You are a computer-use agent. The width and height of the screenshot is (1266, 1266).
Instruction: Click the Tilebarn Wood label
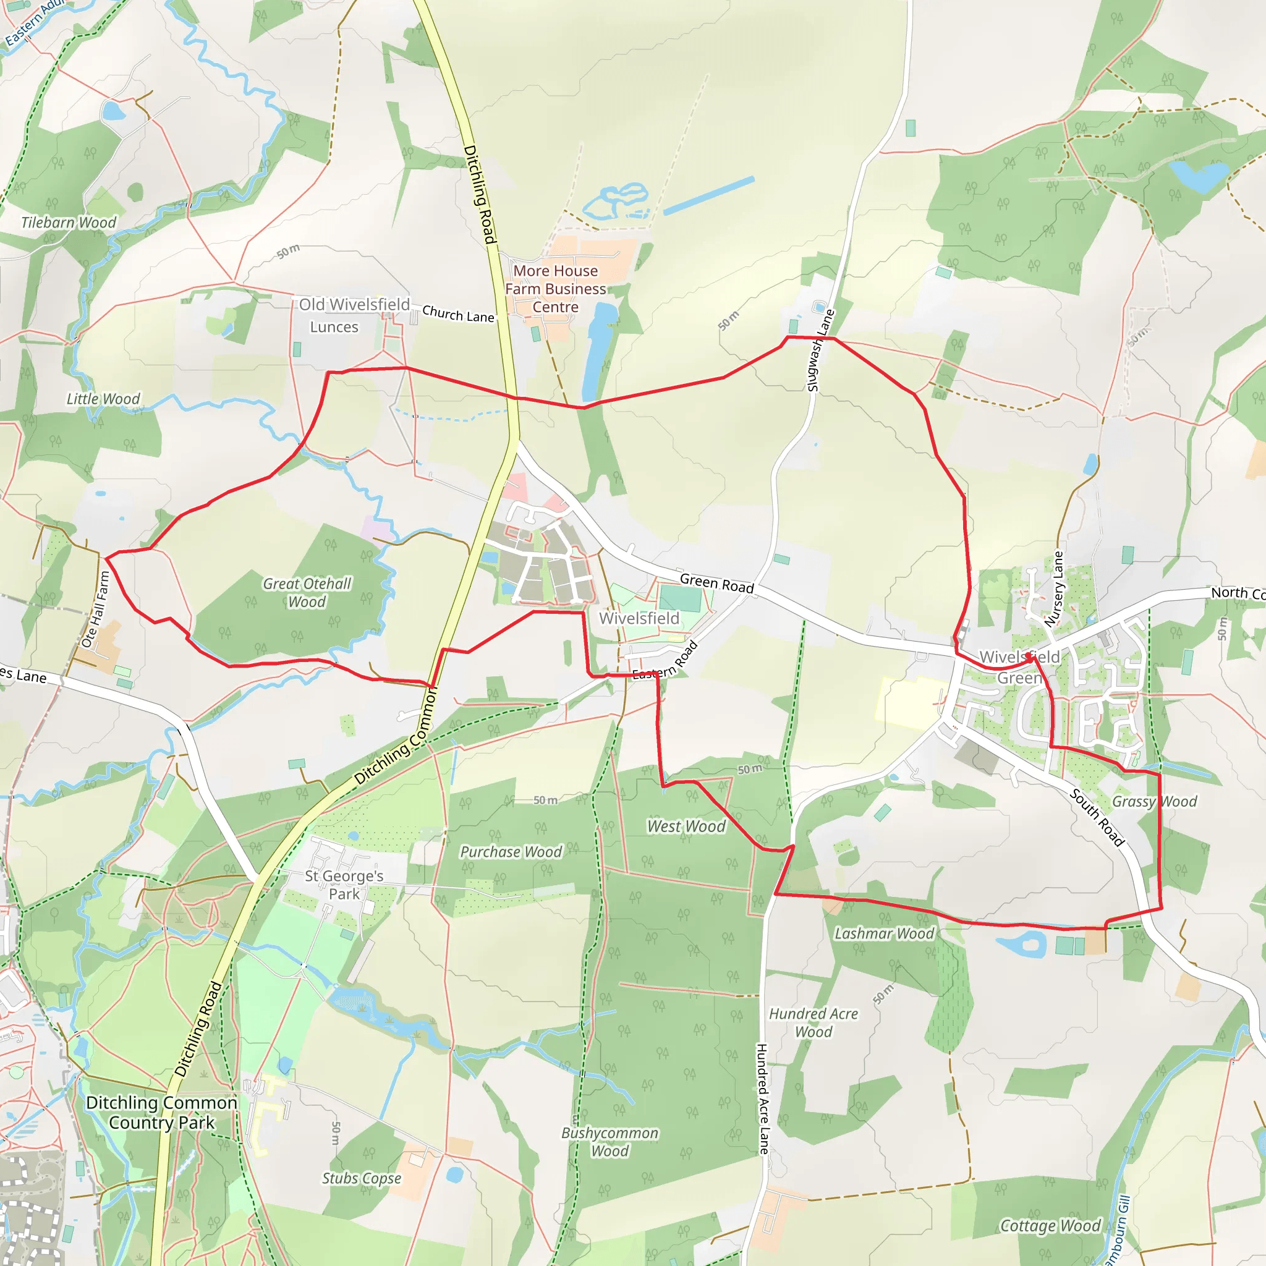[x=68, y=223]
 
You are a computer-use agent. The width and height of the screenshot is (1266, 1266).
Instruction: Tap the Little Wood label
[x=103, y=399]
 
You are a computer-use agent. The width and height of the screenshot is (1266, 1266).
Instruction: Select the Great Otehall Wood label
[x=307, y=593]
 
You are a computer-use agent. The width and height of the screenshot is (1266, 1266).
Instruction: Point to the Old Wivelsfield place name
[x=354, y=305]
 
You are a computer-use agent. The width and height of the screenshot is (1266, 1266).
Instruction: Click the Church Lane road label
[x=458, y=315]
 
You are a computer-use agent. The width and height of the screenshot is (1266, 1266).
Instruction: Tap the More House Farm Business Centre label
[x=555, y=289]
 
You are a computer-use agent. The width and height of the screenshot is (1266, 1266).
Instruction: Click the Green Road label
[x=716, y=583]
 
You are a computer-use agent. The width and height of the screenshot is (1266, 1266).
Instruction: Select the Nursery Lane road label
[x=1055, y=589]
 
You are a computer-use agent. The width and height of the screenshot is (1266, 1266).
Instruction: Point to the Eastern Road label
[x=665, y=661]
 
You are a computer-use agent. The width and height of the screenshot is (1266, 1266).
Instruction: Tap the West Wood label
[x=686, y=827]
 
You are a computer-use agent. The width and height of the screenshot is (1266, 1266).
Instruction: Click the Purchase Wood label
[x=511, y=852]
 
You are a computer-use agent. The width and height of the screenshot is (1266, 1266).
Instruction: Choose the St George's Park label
[x=344, y=885]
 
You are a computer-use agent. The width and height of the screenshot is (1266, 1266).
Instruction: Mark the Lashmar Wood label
[x=884, y=934]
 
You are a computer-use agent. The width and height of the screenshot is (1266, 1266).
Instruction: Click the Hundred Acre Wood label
[x=814, y=1023]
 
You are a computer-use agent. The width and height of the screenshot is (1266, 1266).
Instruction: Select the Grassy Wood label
[x=1154, y=802]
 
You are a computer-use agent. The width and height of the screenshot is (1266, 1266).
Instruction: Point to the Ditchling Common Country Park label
[x=162, y=1113]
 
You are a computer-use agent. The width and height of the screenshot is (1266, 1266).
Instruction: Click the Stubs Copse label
[x=361, y=1178]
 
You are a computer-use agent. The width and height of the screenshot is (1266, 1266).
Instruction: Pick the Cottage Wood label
[x=1050, y=1226]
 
